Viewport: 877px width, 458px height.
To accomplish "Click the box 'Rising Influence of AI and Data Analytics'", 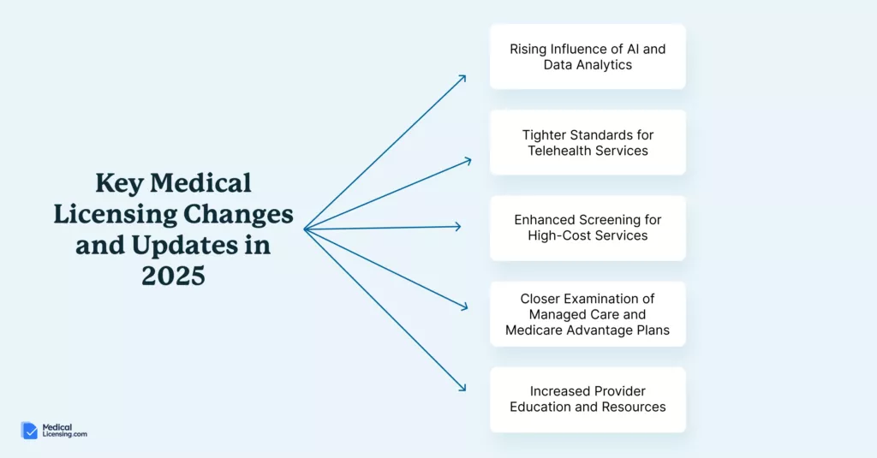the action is (x=588, y=57).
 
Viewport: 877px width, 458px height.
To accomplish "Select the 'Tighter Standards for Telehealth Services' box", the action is (x=588, y=143).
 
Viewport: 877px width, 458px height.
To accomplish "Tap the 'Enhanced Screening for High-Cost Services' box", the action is (x=588, y=229).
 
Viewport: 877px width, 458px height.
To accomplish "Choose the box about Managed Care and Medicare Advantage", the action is (x=588, y=313).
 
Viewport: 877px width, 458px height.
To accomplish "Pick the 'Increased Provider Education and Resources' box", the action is (x=588, y=399).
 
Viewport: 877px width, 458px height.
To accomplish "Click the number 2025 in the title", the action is (x=173, y=276).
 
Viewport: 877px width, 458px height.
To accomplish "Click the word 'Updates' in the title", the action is (x=185, y=246).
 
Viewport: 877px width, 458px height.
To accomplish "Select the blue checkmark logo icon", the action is (x=29, y=430).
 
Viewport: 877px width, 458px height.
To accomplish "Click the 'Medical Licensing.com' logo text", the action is (x=64, y=430).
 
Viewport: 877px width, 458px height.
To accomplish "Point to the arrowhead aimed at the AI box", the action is (x=462, y=78).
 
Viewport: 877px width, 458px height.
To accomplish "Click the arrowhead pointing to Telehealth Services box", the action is (x=468, y=161).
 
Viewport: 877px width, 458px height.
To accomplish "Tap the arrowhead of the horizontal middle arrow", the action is (x=457, y=227).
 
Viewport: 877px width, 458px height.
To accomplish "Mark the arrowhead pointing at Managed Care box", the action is (x=463, y=306).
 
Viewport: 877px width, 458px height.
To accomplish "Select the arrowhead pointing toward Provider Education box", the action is (x=462, y=387).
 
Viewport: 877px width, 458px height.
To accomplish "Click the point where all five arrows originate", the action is (x=305, y=229).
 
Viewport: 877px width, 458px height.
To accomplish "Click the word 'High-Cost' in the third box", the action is (x=554, y=235).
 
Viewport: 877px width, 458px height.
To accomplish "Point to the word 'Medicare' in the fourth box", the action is (x=534, y=330).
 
